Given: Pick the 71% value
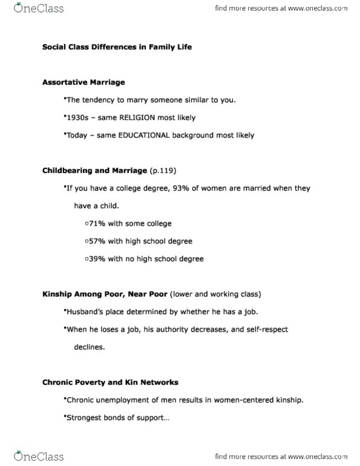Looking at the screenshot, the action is [x=97, y=223].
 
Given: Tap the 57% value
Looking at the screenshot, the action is [x=97, y=241].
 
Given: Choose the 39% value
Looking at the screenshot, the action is [x=97, y=258].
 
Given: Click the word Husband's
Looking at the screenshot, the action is [x=83, y=312].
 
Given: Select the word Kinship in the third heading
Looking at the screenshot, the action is [x=57, y=294].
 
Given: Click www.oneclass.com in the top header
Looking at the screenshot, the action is [x=314, y=9].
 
